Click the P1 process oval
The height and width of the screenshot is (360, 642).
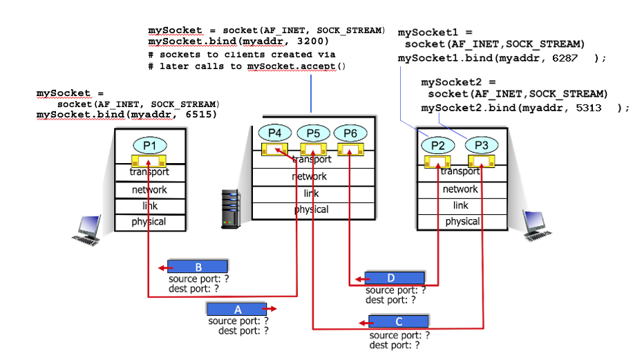click(149, 146)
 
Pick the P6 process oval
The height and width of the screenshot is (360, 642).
click(349, 133)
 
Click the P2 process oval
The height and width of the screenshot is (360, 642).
click(437, 145)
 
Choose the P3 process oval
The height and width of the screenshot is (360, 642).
click(481, 145)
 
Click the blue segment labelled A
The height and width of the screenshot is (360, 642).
click(238, 309)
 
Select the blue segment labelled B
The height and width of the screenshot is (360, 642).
click(198, 267)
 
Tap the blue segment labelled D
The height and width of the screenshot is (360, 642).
click(390, 278)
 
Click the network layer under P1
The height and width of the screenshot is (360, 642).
click(149, 189)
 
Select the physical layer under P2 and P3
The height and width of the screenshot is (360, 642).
click(462, 221)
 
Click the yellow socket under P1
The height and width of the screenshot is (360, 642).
click(150, 160)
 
